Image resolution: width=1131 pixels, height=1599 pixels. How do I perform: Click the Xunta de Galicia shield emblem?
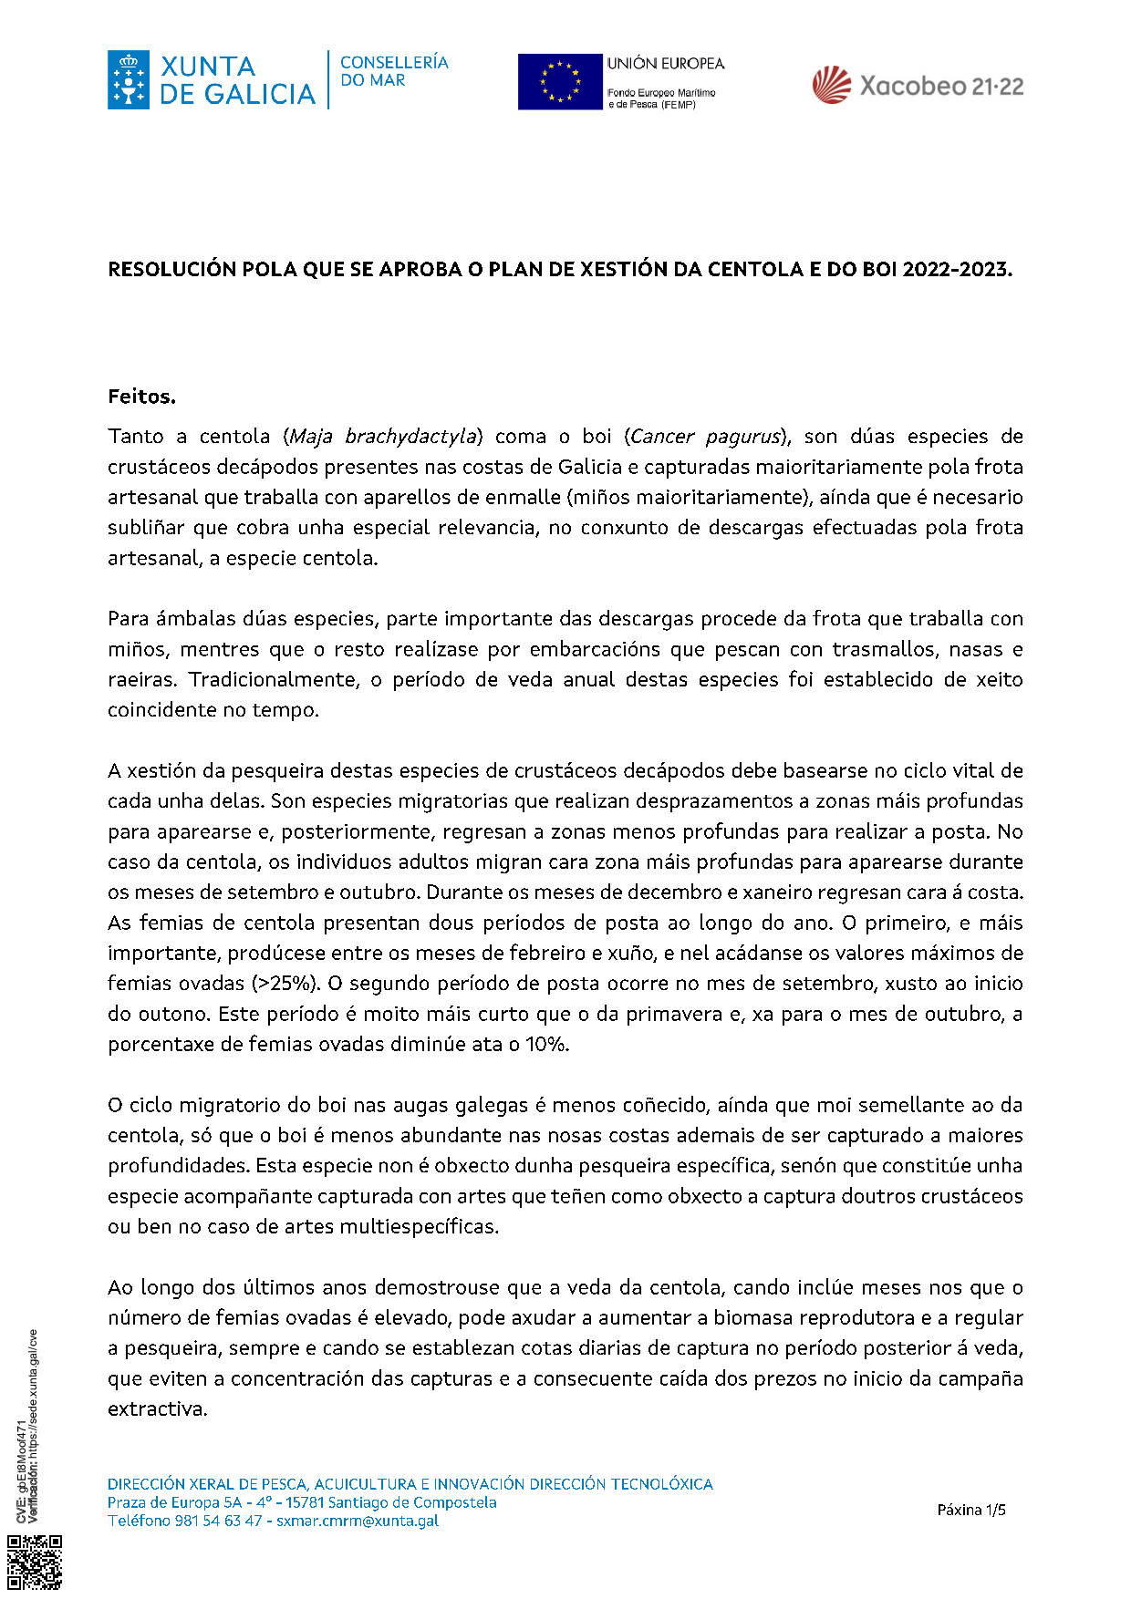tap(128, 80)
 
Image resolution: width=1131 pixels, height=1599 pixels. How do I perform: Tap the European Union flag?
tap(560, 82)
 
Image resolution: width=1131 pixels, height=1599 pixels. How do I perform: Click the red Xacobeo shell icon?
tap(831, 86)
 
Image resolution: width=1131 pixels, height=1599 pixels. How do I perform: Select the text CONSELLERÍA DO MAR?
tap(393, 71)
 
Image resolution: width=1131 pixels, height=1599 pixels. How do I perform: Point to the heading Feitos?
tap(141, 397)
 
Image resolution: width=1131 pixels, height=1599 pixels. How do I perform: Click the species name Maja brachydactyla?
tap(383, 437)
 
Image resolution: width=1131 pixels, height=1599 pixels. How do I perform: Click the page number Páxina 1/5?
tap(971, 1510)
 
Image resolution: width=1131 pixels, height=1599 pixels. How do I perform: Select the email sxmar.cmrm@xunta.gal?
tap(358, 1521)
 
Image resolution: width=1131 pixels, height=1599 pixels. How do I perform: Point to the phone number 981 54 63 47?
tap(218, 1521)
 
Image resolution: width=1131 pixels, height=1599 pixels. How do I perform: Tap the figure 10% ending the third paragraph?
tap(547, 1045)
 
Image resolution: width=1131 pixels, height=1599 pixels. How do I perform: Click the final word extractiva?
tap(157, 1409)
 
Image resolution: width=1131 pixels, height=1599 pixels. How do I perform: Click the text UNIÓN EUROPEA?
tap(666, 64)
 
